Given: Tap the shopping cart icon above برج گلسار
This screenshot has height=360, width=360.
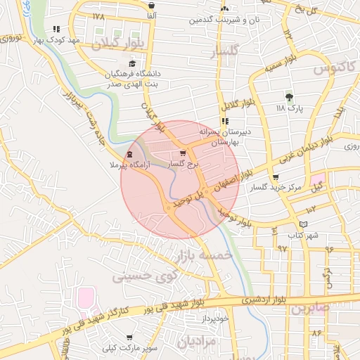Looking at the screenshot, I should point(184,153).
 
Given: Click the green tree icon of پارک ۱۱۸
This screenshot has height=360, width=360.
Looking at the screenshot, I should point(289,97).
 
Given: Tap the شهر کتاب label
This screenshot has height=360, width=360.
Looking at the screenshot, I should point(304,236).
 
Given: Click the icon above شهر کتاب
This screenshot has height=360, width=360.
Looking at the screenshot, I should point(303,225).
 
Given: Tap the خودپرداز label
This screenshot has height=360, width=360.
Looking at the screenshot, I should point(214,319).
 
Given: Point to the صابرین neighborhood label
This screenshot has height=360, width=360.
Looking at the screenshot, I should point(309,308).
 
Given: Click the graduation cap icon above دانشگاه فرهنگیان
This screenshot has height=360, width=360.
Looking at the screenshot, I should point(132,65).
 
